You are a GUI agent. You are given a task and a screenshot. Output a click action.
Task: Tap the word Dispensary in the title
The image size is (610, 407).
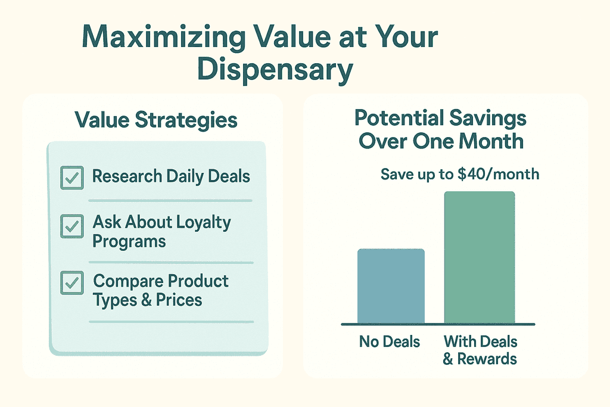(x=275, y=70)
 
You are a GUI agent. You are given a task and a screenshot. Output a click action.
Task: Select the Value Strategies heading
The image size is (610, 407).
(x=156, y=120)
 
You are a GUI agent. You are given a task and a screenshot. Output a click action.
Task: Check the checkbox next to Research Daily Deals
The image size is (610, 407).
(x=72, y=178)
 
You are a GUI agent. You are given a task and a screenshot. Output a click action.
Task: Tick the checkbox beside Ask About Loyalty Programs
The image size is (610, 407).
(x=72, y=226)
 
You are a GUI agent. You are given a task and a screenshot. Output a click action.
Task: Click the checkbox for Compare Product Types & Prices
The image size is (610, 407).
(x=72, y=283)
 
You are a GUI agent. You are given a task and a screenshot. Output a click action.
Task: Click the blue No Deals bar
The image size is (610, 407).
(x=390, y=286)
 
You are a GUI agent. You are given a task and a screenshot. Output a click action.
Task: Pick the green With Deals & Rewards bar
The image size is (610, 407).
(x=480, y=257)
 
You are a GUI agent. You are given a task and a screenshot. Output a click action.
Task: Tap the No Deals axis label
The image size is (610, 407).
(x=390, y=342)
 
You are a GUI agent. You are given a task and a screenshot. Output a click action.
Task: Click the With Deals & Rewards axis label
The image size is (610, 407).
(x=480, y=350)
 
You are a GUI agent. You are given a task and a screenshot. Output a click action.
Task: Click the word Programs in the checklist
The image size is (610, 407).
(x=129, y=242)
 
